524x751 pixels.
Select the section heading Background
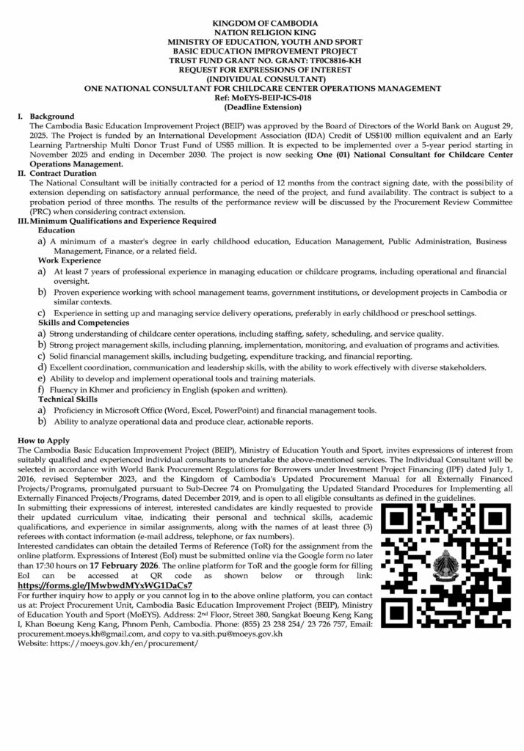51,117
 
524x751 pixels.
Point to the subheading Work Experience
70,260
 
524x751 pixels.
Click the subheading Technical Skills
70,398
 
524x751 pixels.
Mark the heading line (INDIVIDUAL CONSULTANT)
261,79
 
